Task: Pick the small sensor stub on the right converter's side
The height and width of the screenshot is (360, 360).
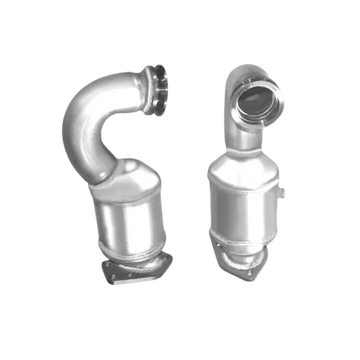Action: click(283, 194)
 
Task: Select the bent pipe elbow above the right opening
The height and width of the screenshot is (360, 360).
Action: click(243, 73)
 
